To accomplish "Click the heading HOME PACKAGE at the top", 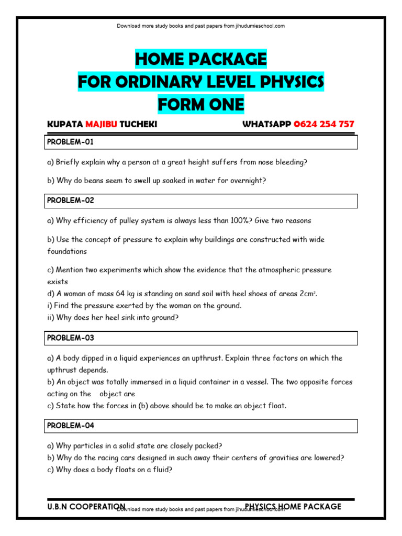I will pyautogui.click(x=201, y=59).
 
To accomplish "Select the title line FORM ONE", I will pyautogui.click(x=201, y=105).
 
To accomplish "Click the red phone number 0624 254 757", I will pyautogui.click(x=324, y=125).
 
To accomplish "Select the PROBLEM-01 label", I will pyautogui.click(x=71, y=142).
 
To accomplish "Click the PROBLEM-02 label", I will pyautogui.click(x=71, y=200).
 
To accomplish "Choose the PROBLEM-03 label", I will pyautogui.click(x=71, y=338).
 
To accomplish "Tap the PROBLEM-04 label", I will pyautogui.click(x=71, y=426).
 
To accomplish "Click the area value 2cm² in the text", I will pyautogui.click(x=307, y=294).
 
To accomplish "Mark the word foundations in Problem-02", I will pyautogui.click(x=67, y=251).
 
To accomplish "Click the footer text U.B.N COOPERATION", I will pyautogui.click(x=86, y=507).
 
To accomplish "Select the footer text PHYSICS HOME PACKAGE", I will pyautogui.click(x=293, y=507).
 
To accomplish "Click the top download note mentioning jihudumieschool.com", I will pyautogui.click(x=201, y=26).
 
